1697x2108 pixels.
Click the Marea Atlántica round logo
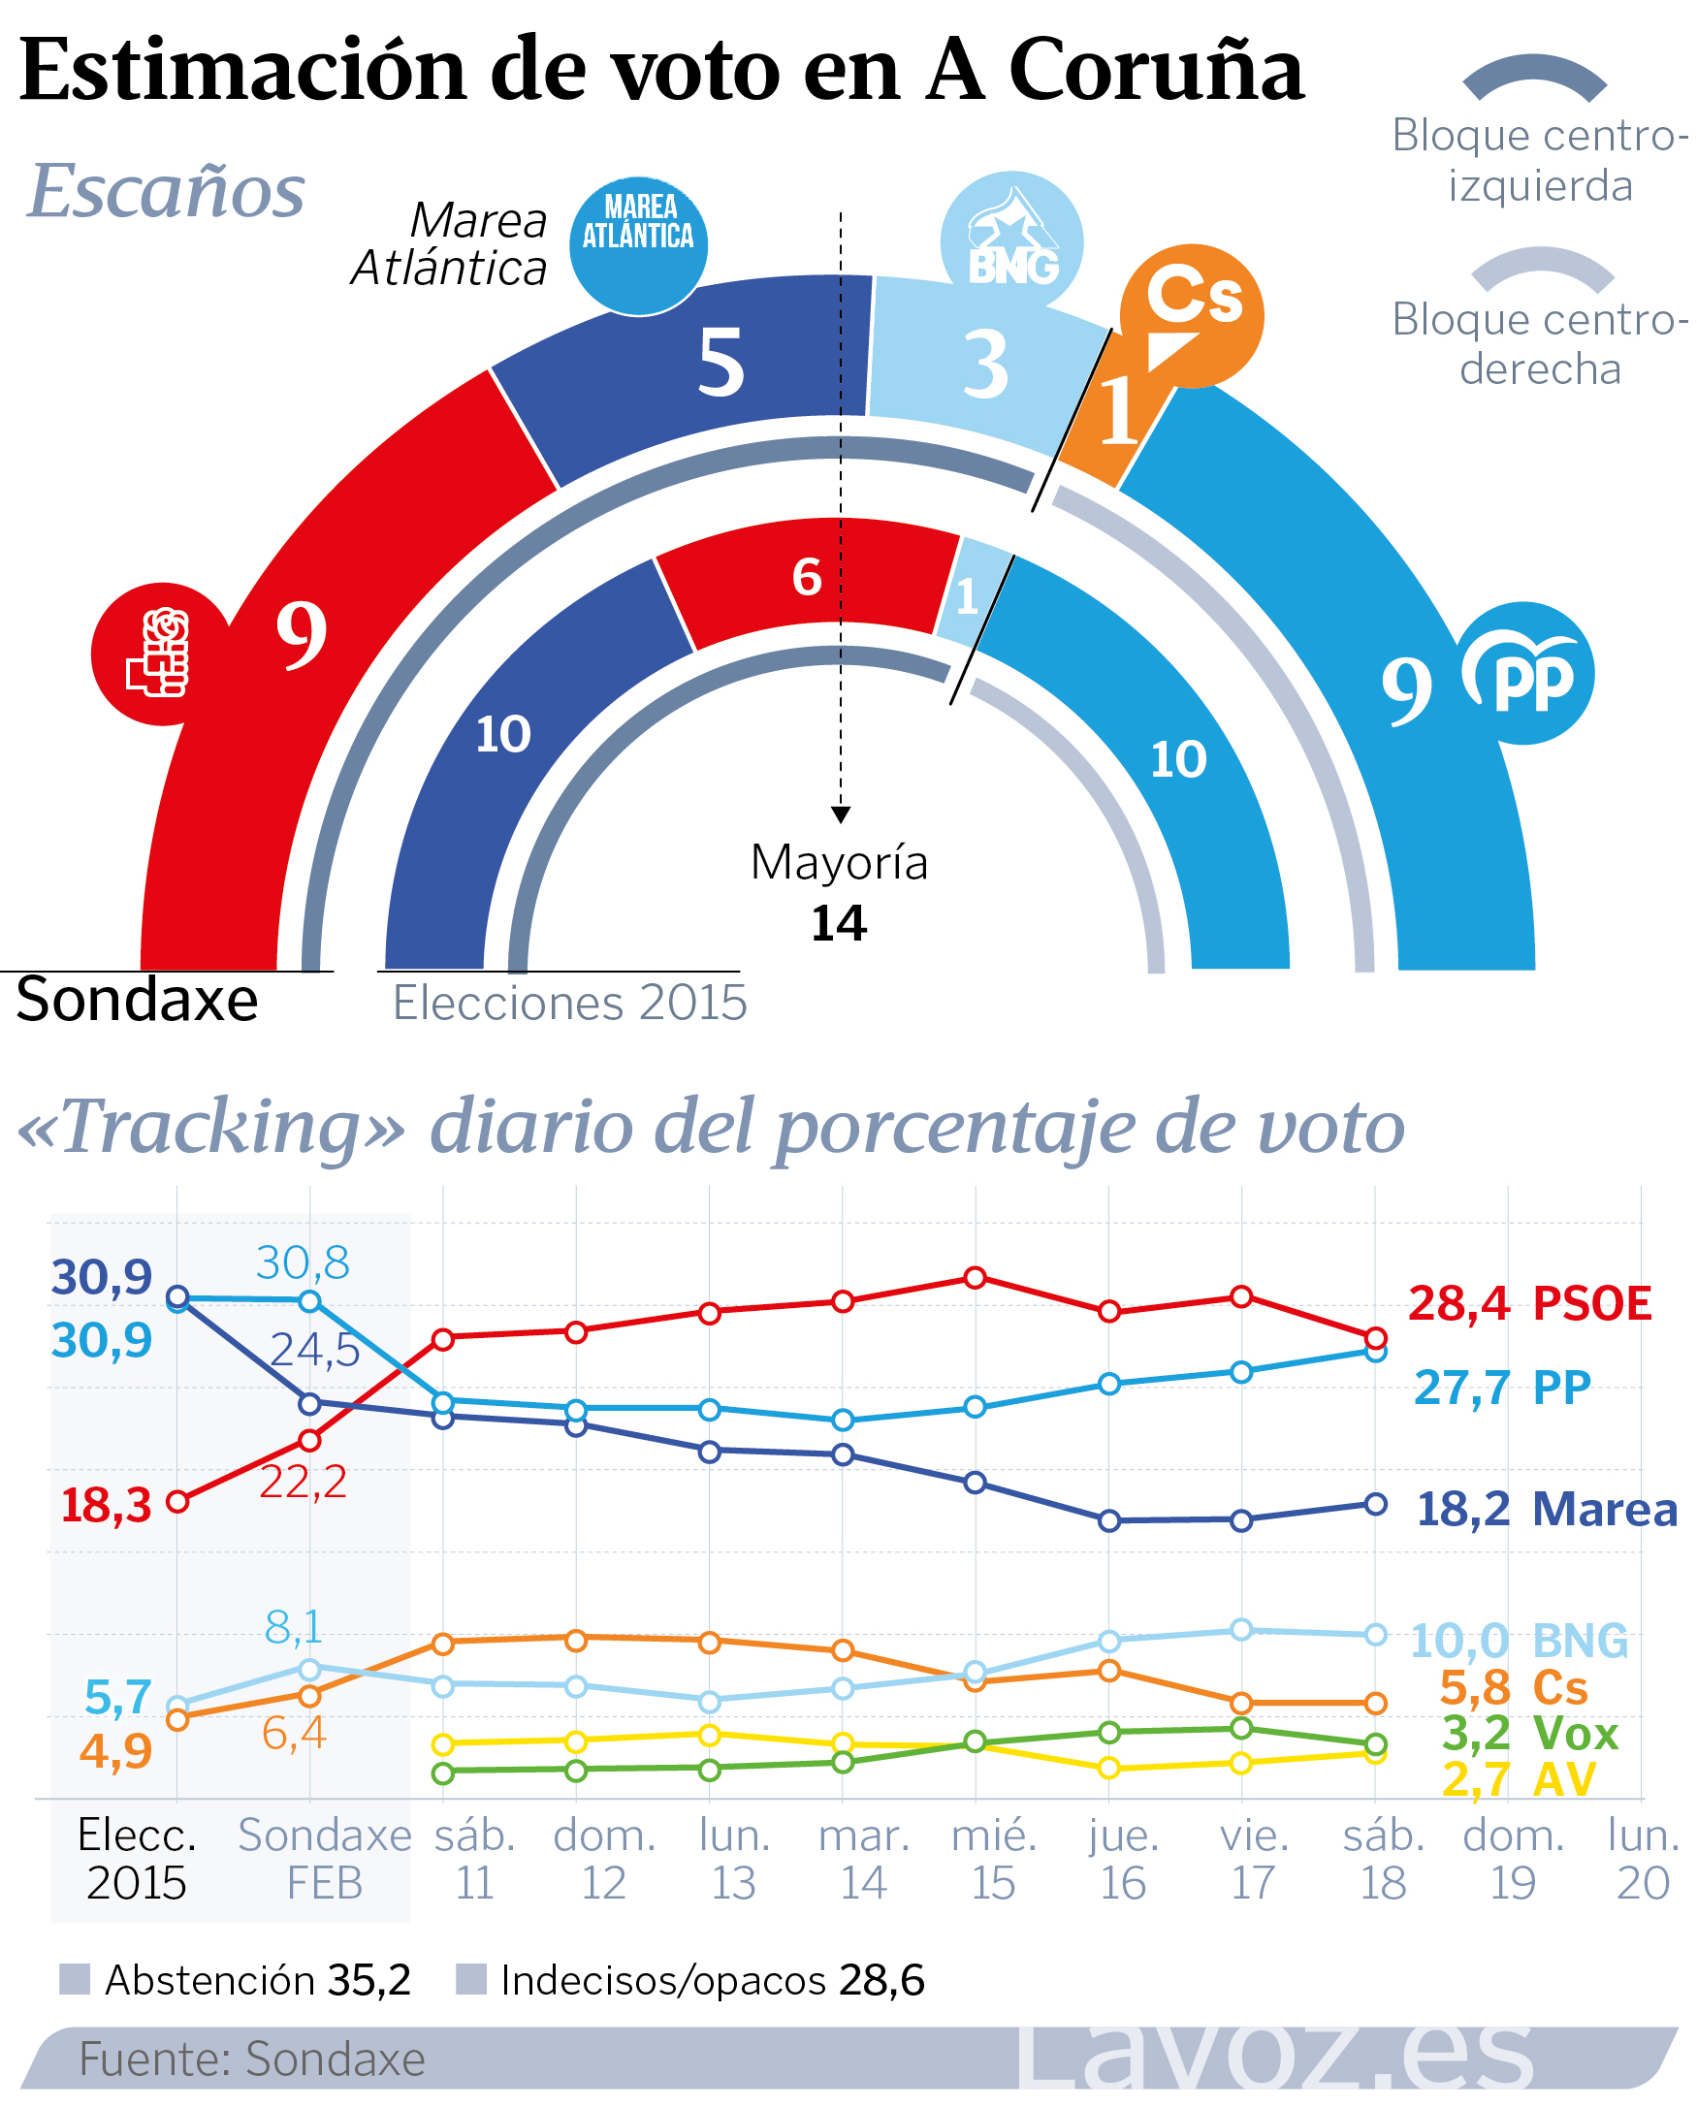click(x=638, y=244)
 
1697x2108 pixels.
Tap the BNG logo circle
click(x=1010, y=240)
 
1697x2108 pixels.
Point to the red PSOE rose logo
click(x=160, y=653)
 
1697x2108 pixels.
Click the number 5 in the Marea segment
click(x=720, y=362)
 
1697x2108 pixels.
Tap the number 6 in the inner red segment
click(x=807, y=577)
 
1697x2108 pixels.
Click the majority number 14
click(x=839, y=923)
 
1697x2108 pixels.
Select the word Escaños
click(x=166, y=190)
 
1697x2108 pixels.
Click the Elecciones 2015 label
click(x=570, y=1004)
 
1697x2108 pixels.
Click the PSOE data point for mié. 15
click(x=975, y=1278)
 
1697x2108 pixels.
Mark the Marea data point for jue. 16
click(x=1108, y=1520)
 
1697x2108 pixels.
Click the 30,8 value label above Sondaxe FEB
click(x=302, y=1263)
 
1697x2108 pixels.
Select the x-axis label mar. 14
click(x=864, y=1859)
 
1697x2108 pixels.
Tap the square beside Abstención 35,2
click(x=75, y=1980)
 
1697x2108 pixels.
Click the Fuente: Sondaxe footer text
click(x=252, y=2060)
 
